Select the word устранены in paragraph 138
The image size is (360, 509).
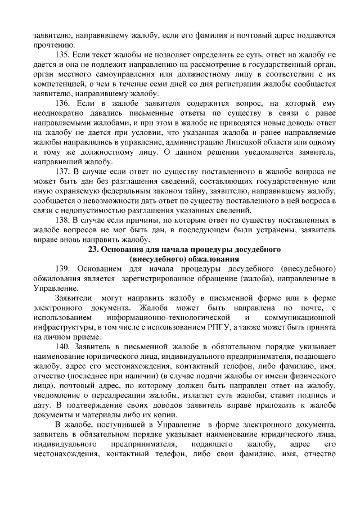266,230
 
